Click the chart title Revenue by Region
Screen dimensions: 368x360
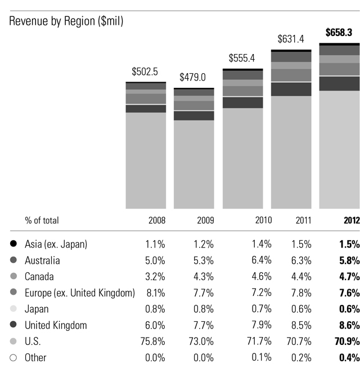click(66, 21)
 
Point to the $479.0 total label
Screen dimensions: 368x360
click(194, 77)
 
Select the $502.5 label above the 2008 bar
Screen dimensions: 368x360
click(145, 71)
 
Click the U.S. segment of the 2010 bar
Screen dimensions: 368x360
click(242, 158)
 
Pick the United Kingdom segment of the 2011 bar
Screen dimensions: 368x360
click(291, 89)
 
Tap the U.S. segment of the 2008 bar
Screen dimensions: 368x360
click(146, 160)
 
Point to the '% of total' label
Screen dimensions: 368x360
click(42, 220)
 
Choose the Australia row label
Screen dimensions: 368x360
click(42, 261)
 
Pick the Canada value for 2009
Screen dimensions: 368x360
click(204, 277)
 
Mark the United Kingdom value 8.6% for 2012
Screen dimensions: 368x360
click(348, 325)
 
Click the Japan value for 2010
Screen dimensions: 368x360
click(261, 309)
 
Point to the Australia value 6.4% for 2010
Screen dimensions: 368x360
click(261, 261)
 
